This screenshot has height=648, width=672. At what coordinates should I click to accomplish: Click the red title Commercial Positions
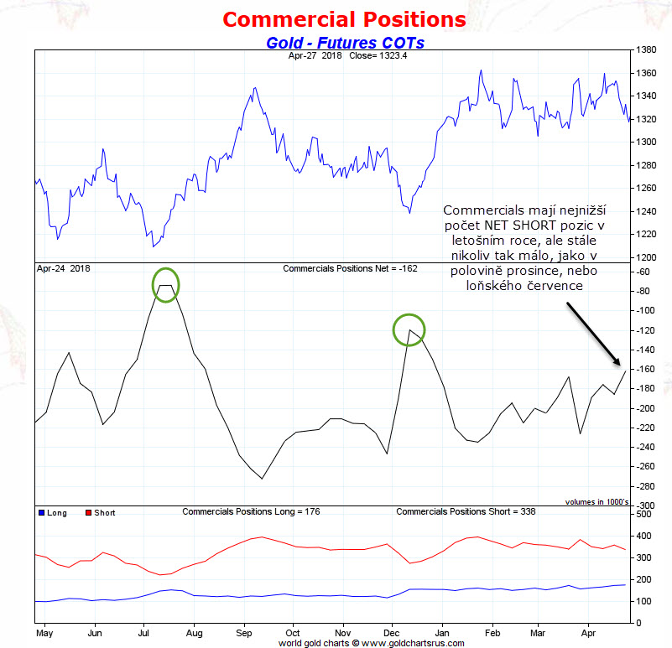[344, 20]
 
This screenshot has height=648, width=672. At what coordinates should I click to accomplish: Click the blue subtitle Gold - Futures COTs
[345, 43]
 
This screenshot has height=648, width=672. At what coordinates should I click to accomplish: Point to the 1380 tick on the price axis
[646, 49]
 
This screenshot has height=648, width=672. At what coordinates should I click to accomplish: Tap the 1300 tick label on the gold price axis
[646, 142]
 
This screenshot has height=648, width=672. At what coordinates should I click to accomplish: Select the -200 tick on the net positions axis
[646, 408]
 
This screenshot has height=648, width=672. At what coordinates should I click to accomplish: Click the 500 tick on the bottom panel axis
[643, 514]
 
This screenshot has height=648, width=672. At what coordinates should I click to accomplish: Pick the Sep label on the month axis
[244, 633]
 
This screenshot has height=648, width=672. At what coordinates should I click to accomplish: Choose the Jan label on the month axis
[442, 633]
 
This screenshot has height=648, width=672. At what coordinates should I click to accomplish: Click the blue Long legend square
[42, 513]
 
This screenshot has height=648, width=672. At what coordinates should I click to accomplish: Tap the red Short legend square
[88, 513]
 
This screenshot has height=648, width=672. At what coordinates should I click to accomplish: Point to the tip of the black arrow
[620, 365]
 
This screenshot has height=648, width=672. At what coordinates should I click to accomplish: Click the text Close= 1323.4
[378, 55]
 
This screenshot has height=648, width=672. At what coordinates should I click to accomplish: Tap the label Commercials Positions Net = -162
[350, 268]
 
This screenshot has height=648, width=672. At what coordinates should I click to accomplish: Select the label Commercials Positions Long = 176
[251, 511]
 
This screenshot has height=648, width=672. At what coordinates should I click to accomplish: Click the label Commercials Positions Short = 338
[466, 511]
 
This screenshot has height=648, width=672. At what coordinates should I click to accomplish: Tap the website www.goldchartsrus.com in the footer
[413, 643]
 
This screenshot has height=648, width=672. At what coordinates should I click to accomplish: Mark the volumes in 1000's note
[596, 502]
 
